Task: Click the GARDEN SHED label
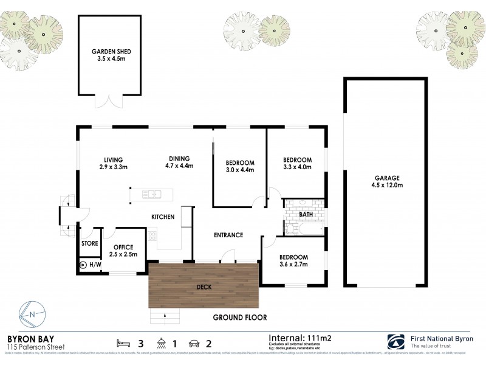click(111, 52)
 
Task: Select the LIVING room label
click(112, 158)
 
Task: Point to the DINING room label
click(179, 158)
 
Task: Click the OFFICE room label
click(124, 247)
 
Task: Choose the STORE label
click(90, 243)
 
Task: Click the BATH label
click(306, 214)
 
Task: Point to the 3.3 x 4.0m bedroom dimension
click(297, 167)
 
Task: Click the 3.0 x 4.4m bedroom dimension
click(239, 170)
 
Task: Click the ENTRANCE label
click(228, 235)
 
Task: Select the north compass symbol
click(31, 314)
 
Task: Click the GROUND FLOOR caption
click(239, 318)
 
